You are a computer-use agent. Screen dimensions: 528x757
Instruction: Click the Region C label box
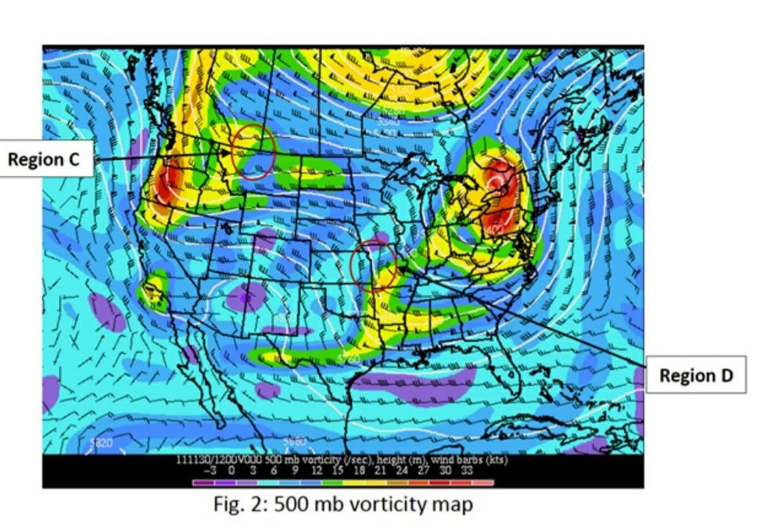[44, 160]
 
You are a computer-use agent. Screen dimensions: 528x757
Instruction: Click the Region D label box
[695, 375]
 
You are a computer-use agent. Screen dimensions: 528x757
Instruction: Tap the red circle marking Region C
[253, 151]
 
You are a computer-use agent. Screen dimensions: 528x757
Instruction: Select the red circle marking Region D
[373, 266]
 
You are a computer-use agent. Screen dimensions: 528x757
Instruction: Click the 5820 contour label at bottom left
[101, 444]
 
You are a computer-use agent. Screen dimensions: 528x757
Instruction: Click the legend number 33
[466, 470]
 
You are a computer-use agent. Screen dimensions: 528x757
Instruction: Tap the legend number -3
[210, 470]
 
